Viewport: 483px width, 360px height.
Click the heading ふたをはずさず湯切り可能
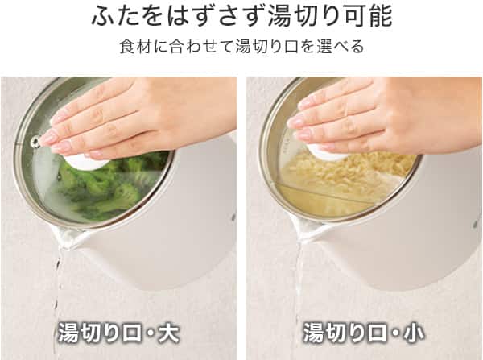(x=241, y=17)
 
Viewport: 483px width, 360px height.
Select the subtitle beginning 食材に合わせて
(x=241, y=47)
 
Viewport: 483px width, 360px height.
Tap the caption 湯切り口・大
(x=118, y=332)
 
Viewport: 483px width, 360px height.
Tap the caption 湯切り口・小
(x=363, y=332)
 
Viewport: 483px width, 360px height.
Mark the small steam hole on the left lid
(x=35, y=142)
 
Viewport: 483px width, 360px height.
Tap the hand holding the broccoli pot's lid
(x=121, y=121)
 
